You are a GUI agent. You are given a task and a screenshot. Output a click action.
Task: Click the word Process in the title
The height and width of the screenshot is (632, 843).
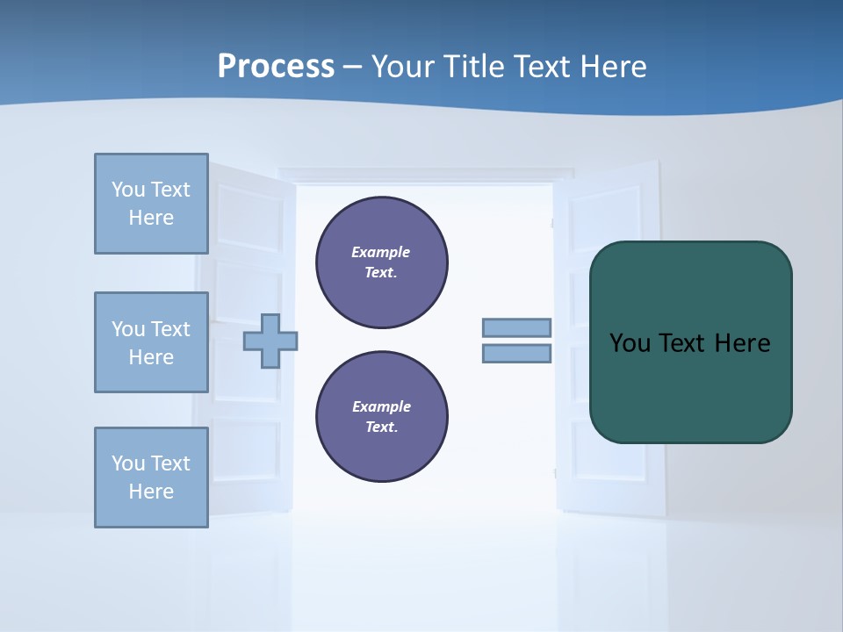pos(276,67)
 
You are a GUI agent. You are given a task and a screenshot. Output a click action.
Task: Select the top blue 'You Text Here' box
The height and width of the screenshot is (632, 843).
pos(151,204)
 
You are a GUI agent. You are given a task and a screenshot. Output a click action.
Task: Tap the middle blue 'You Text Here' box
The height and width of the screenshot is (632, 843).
pos(151,342)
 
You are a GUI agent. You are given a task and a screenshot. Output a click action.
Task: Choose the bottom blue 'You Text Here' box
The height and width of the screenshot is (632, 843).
pos(151,478)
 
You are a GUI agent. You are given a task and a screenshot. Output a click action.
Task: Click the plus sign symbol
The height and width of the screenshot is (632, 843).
pos(270,341)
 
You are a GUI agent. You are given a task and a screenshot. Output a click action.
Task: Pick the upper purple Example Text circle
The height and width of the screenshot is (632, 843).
pos(382,262)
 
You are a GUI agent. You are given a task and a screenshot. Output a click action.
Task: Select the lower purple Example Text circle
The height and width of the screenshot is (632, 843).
pos(382,417)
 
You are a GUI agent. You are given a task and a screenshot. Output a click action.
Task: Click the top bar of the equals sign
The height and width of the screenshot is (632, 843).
pos(516,328)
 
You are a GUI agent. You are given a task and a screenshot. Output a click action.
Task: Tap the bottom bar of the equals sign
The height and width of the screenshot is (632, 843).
pos(516,354)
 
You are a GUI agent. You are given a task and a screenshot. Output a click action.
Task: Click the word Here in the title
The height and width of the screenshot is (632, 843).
pos(609,67)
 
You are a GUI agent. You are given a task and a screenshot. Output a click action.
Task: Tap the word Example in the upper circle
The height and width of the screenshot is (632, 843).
pos(381,252)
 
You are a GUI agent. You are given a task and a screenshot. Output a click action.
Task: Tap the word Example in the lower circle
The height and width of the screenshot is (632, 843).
pos(381,406)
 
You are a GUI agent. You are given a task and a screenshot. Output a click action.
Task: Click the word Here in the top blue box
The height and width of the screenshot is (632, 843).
pos(151,218)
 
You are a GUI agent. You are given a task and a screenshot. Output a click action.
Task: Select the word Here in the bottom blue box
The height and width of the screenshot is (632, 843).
pos(151,492)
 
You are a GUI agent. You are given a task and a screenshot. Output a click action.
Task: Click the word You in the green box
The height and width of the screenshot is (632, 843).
pos(630,343)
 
